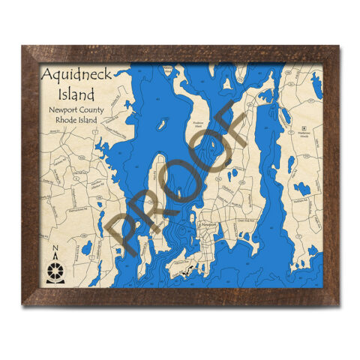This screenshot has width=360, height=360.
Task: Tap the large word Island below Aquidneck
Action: (77, 95)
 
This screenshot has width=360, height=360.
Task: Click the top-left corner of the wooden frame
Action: (24, 48)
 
